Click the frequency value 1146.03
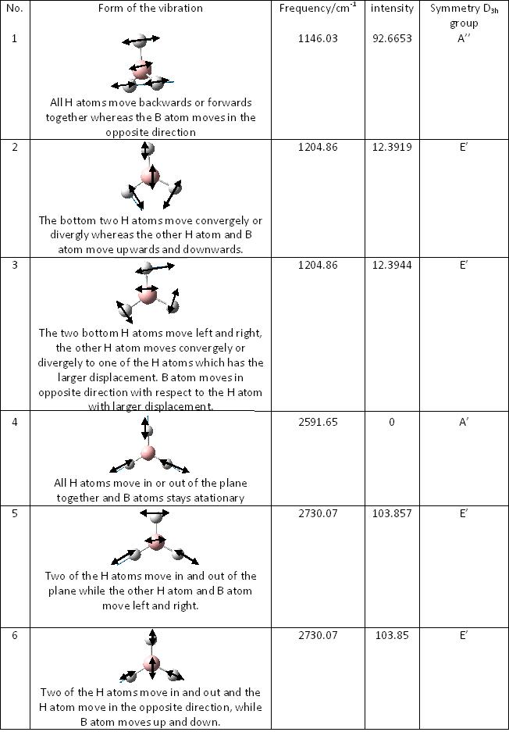318,38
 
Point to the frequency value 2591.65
318,422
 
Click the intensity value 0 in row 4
391,422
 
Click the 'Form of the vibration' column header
151,9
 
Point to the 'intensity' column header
391,9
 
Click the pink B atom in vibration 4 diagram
148,452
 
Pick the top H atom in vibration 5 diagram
156,515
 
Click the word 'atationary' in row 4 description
223,498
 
